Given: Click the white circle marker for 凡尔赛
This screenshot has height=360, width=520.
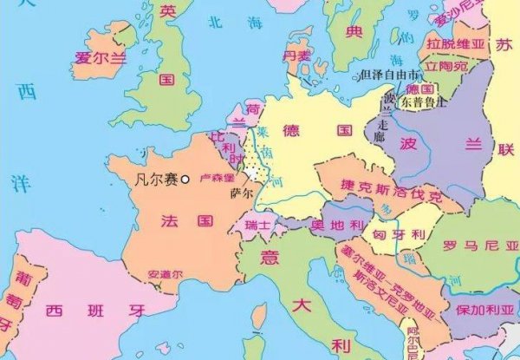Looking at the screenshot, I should pyautogui.click(x=185, y=179).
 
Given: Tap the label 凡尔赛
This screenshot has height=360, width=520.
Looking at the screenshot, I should pyautogui.click(x=157, y=180).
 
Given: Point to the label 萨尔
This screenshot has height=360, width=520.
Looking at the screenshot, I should pyautogui.click(x=242, y=193).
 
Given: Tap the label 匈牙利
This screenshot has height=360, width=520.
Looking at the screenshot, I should pyautogui.click(x=399, y=234).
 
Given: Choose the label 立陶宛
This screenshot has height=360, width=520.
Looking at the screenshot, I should pyautogui.click(x=449, y=65).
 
